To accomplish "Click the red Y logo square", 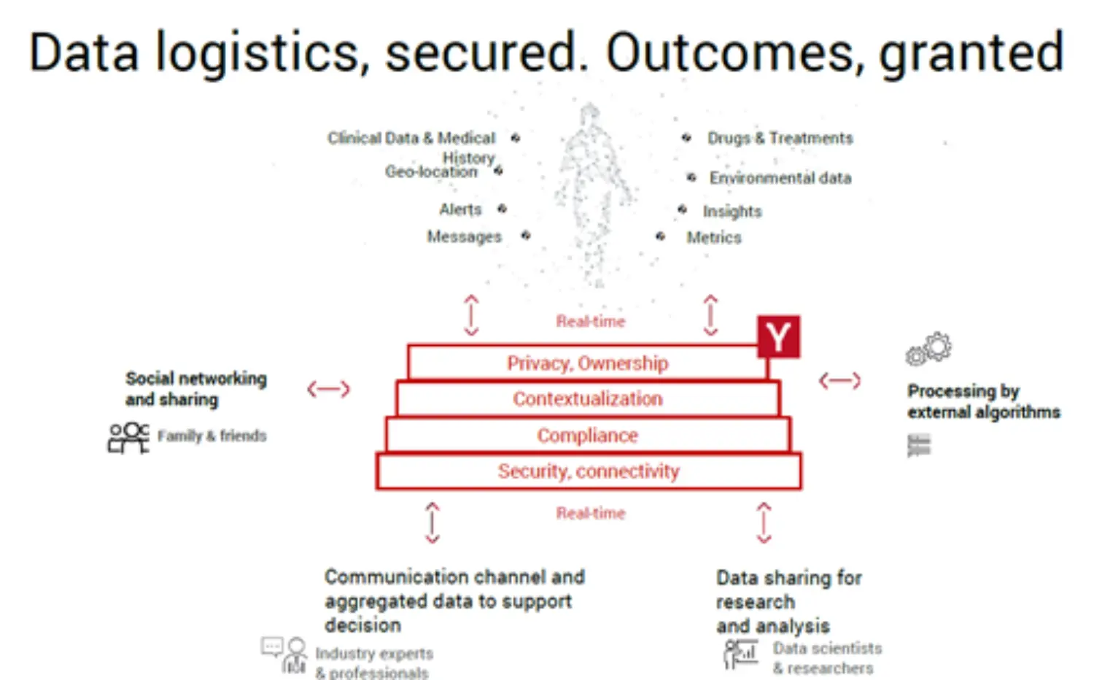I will [778, 336].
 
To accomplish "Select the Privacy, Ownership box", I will [587, 363].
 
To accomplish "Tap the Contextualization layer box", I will [587, 398].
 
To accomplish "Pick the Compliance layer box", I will [587, 435].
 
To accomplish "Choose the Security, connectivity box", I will [588, 471].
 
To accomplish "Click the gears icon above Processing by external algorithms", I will [928, 349].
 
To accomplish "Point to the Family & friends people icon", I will [128, 437].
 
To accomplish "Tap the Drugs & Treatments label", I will [780, 138].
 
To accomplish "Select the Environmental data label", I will [780, 178].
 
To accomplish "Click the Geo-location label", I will [431, 172].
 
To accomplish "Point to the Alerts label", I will [460, 209].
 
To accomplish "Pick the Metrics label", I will [713, 238].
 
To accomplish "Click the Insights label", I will [732, 212].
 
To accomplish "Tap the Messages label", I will [464, 236].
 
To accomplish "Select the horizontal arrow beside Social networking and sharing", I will [328, 389].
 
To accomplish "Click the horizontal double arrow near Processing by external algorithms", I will [839, 380].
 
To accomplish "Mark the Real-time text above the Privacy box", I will [590, 321].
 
